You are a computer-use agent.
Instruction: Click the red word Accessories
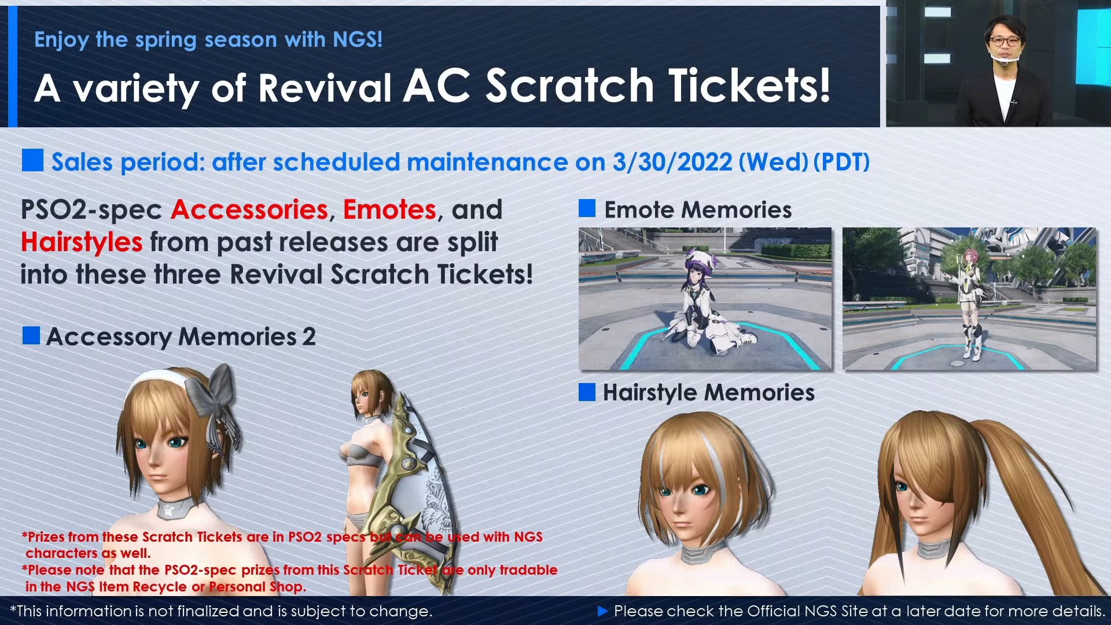pyautogui.click(x=249, y=209)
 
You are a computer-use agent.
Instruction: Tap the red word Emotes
pyautogui.click(x=389, y=209)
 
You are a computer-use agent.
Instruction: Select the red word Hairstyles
pyautogui.click(x=82, y=242)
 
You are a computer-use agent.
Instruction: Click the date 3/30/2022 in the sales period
pyautogui.click(x=672, y=162)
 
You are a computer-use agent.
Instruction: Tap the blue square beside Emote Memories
pyautogui.click(x=587, y=209)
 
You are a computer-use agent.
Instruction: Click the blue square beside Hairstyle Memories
pyautogui.click(x=587, y=392)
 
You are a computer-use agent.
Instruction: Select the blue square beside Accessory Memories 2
pyautogui.click(x=31, y=336)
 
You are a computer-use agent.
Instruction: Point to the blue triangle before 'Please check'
pyautogui.click(x=602, y=611)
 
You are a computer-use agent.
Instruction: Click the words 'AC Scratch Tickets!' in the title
pyautogui.click(x=617, y=87)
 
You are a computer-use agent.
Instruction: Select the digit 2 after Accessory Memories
pyautogui.click(x=309, y=337)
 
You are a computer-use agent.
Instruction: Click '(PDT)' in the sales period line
pyautogui.click(x=841, y=162)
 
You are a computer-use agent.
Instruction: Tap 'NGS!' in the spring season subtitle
pyautogui.click(x=358, y=39)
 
